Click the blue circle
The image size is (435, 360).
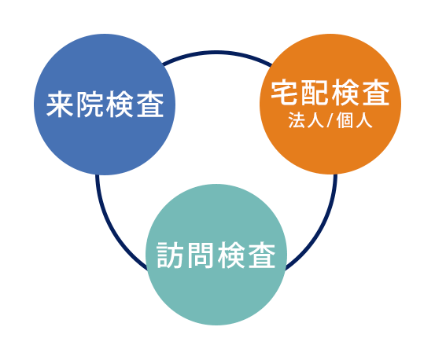pos(105,105)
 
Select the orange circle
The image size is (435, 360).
pos(330,105)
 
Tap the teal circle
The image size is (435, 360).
pos(216,255)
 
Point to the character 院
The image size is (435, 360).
pos(90,105)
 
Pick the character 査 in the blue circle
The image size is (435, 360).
pos(150,105)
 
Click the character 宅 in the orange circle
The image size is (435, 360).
pos(284,93)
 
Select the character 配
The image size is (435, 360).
pos(315,93)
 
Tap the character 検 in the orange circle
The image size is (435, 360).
pos(345,93)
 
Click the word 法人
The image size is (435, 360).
pos(306,120)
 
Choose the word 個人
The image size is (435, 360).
pos(354,120)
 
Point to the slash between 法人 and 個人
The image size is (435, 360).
pos(330,121)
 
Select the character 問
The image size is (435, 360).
pos(201,255)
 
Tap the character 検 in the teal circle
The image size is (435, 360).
pos(231,255)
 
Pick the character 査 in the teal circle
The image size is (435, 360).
pos(262,255)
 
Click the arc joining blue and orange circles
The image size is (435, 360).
pos(217,52)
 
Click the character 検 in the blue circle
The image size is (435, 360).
pos(120,105)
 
